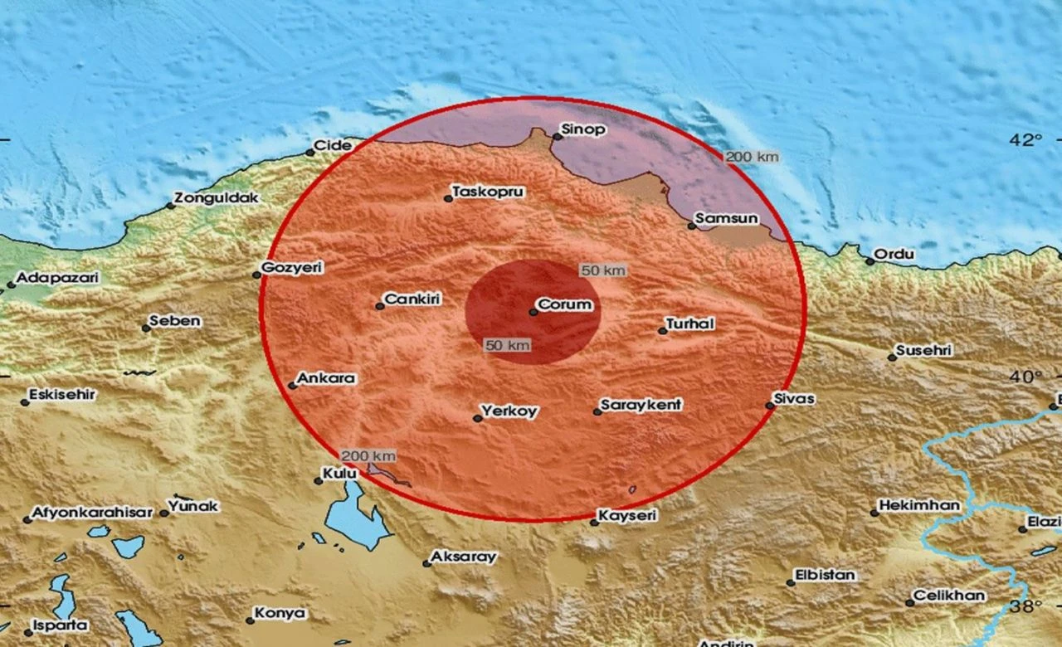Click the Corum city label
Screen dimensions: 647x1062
[565, 304]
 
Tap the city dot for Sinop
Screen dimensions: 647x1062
[558, 137]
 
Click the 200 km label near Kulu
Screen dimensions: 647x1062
[368, 455]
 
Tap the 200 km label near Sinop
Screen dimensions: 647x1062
[752, 157]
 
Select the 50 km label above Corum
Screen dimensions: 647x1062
[603, 270]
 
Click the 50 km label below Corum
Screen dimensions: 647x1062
[507, 345]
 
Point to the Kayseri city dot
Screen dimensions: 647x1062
[594, 522]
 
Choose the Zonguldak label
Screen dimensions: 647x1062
[217, 198]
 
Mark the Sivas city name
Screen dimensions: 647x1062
[793, 399]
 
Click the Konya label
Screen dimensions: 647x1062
[280, 614]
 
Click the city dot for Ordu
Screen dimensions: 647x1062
[870, 261]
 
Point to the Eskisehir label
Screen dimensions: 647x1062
[62, 395]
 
